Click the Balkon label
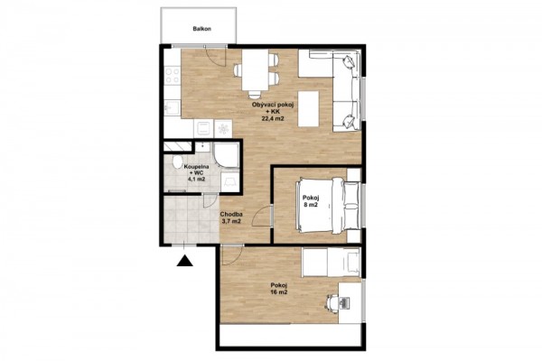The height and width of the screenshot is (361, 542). [x=201, y=29]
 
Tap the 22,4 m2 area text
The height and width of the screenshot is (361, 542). [x=273, y=119]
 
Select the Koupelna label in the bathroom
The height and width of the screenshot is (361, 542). [x=196, y=166]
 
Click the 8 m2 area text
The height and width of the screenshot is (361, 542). [x=311, y=205]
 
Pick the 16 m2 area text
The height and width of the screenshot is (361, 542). [x=279, y=292]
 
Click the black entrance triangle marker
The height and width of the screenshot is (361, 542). [x=184, y=261]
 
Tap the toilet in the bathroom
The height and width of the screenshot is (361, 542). [x=178, y=162]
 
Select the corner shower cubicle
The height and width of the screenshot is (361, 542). [x=227, y=154]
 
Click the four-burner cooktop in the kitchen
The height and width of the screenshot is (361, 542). [x=173, y=76]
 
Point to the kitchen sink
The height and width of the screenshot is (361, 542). [x=172, y=107]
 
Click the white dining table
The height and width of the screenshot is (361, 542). [x=255, y=69]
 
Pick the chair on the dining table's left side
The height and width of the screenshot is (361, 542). [x=238, y=70]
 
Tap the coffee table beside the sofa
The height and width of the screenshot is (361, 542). [x=308, y=109]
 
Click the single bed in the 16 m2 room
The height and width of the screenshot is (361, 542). [x=332, y=263]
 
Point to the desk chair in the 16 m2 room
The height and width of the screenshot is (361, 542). [x=332, y=302]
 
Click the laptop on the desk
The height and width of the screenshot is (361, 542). [x=345, y=302]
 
